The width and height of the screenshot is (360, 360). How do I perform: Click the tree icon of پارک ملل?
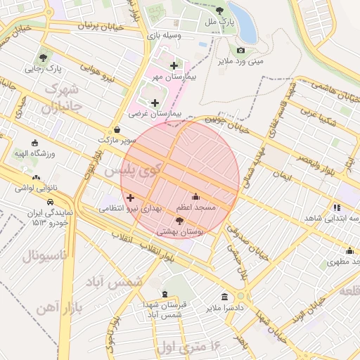220,11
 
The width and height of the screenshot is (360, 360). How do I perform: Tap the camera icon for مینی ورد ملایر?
240,50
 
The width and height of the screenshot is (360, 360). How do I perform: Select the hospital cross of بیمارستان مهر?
173,65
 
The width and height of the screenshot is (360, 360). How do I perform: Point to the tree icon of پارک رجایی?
44,58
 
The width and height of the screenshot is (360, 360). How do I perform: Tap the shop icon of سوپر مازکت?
116,130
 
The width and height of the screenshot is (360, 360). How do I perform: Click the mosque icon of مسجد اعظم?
195,196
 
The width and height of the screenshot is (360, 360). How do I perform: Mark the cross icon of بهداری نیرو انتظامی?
130,198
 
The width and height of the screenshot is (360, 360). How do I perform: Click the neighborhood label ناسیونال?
44,255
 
